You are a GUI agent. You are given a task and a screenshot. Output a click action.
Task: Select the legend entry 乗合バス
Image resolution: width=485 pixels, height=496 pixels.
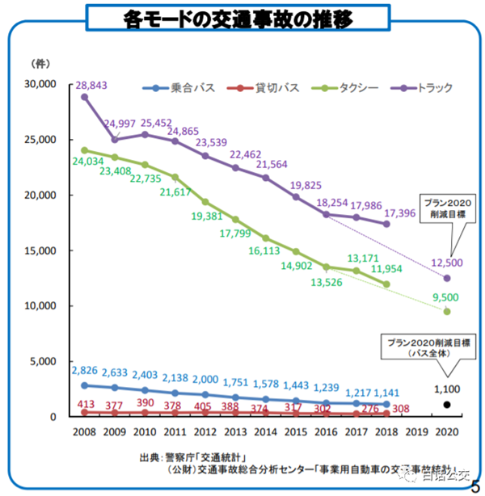point(188,86)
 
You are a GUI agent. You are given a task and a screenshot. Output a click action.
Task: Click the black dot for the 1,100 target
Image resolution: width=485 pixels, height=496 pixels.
point(446,405)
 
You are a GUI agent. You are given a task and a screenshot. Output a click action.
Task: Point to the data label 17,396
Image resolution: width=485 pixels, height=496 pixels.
point(402,212)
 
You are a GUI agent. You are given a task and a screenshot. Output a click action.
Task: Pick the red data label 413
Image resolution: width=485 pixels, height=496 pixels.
point(85,402)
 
